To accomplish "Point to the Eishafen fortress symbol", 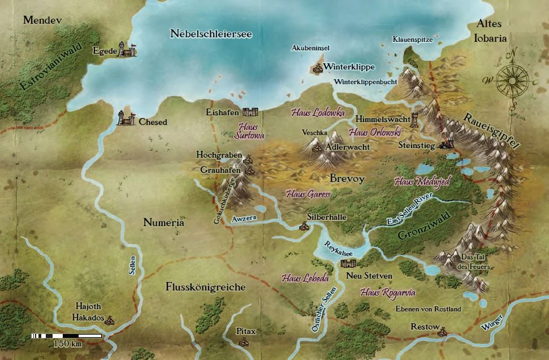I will pos(250,112).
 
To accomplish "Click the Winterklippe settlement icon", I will pos(317,68).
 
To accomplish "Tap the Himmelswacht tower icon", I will pos(416,120).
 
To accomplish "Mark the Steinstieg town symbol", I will pos(447,145).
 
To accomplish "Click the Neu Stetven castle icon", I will pos(348,263).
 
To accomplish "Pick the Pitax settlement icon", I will pos(244,341).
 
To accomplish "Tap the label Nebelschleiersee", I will pos(210,34).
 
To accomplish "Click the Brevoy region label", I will pos(347,179).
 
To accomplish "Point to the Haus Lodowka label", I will pos(318,112).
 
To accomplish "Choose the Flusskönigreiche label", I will pos(206,287).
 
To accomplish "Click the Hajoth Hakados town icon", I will pos(110,319).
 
